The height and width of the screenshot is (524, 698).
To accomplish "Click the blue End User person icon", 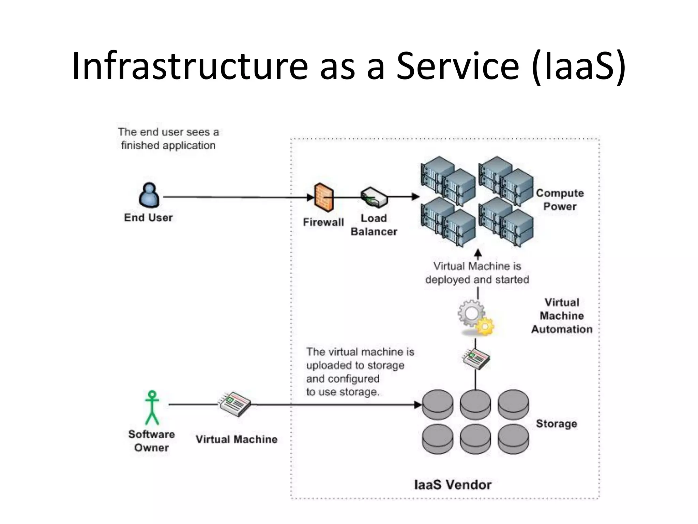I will click(149, 195).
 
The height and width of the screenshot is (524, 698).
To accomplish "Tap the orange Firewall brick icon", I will click(323, 198).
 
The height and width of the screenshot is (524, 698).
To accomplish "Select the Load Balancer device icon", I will click(374, 197).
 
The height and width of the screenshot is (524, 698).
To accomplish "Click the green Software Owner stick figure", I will click(152, 407).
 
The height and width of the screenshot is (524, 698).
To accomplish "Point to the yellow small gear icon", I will click(485, 326).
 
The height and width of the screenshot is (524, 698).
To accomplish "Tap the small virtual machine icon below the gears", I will click(476, 359).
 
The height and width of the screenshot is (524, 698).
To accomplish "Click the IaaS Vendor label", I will click(453, 485).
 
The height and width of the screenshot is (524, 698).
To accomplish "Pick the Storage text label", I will click(556, 424).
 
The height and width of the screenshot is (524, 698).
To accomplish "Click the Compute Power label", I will click(560, 200).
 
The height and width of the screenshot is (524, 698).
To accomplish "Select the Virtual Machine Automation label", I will click(562, 316).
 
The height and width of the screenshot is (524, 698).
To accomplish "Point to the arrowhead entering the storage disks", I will click(418, 405).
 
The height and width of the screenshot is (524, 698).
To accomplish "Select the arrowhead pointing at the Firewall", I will click(310, 197).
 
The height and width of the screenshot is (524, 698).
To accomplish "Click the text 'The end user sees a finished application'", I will click(168, 139).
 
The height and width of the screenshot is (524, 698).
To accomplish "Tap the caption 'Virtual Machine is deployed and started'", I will click(477, 273).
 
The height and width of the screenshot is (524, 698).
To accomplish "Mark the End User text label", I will click(148, 218).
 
